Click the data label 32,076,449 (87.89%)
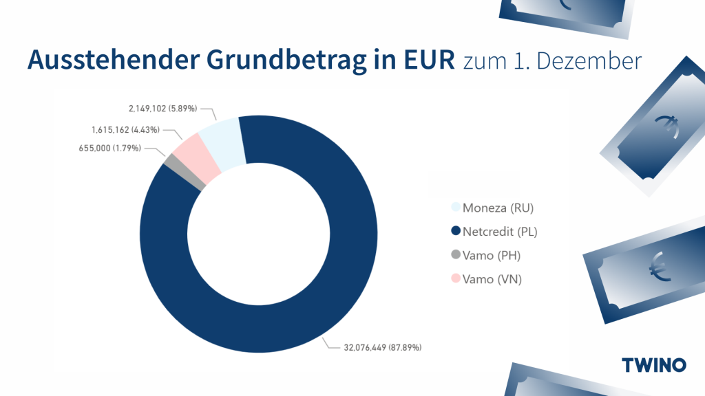click(x=383, y=347)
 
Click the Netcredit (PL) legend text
click(x=500, y=232)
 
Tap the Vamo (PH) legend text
click(x=492, y=255)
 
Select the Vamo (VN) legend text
click(x=492, y=279)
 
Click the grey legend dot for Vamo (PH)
click(x=455, y=255)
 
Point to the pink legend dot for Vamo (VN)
click(x=455, y=279)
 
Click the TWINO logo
click(x=653, y=364)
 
